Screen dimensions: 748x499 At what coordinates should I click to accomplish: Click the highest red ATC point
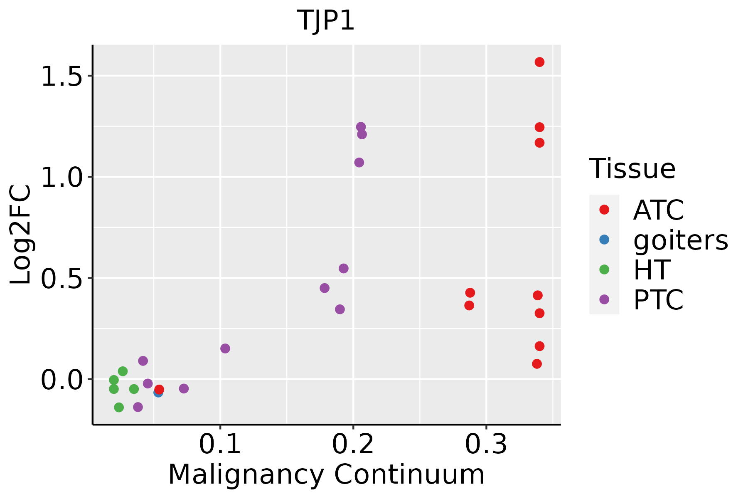point(539,62)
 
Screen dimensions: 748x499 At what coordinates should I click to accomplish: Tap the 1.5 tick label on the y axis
point(62,76)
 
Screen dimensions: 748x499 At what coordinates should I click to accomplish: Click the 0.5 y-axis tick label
point(62,278)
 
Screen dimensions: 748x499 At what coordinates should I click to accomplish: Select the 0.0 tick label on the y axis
point(62,380)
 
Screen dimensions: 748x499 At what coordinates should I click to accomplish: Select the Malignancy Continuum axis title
point(326,474)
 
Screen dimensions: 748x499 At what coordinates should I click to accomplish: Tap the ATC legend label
point(659,210)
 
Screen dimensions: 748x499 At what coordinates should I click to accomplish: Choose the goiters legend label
point(681,240)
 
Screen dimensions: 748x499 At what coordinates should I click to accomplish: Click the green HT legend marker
point(604,269)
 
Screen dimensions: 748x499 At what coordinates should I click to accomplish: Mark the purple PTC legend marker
point(604,299)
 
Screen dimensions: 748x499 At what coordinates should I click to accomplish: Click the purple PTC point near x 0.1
point(225,348)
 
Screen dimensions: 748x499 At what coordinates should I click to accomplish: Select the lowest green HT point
point(119,407)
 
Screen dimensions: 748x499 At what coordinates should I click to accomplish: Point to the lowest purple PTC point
point(138,407)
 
